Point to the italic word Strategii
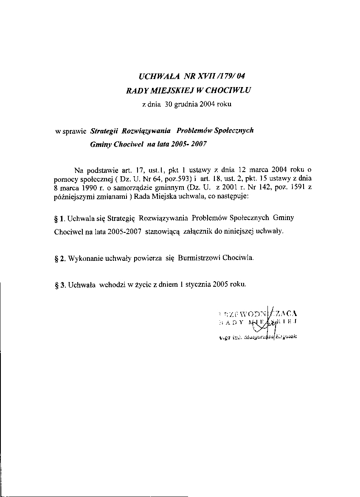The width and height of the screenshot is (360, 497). pos(104,130)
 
